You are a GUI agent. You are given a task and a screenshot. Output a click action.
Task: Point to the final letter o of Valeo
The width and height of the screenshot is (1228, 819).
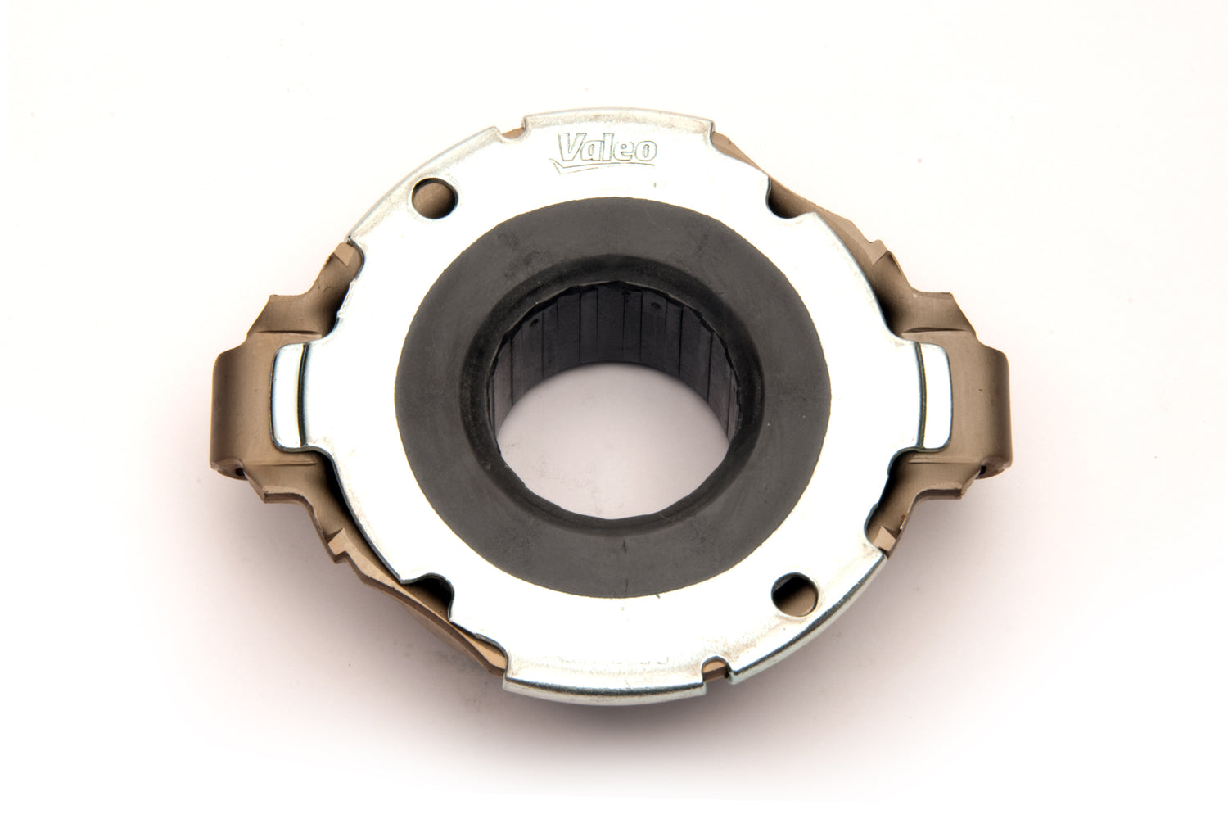pos(646,152)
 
